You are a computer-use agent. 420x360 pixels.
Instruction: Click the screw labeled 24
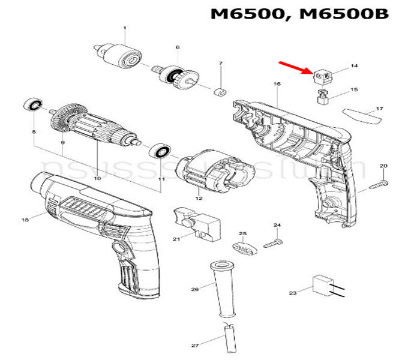click(273, 243)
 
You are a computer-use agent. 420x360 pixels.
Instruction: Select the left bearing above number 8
click(32, 106)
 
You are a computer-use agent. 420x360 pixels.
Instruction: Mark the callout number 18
click(25, 221)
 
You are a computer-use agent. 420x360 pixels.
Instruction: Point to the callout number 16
click(277, 84)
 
